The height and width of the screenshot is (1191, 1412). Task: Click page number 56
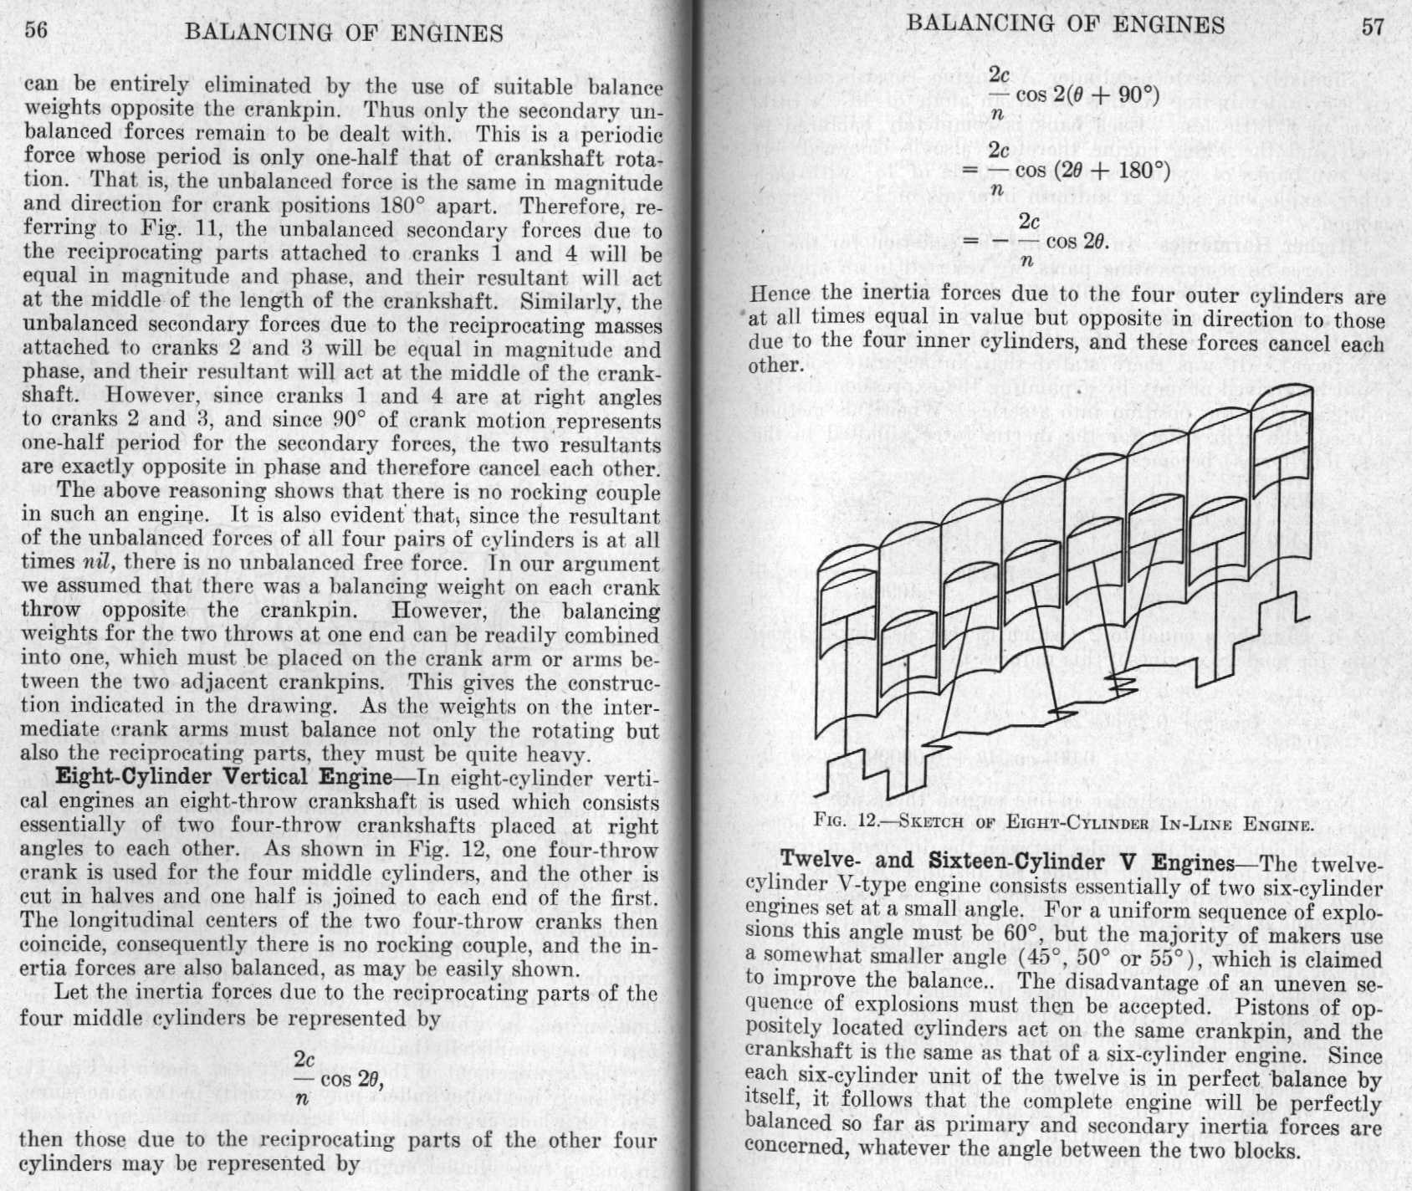(34, 31)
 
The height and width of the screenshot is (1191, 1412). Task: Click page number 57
(1373, 26)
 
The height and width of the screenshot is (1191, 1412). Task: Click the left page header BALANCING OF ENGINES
(344, 33)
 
